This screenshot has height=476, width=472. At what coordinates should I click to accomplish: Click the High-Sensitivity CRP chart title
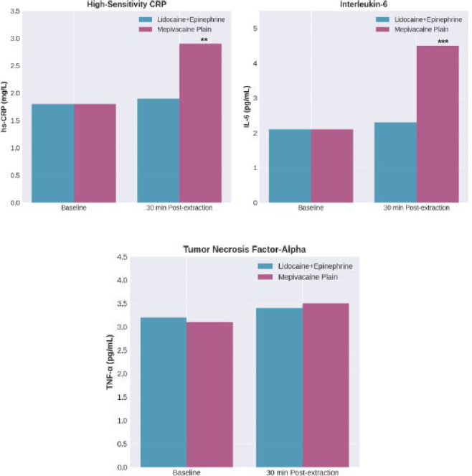click(126, 4)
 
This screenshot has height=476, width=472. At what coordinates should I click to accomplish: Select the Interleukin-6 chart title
click(364, 4)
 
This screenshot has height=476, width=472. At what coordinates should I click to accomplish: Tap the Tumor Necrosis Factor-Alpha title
click(245, 250)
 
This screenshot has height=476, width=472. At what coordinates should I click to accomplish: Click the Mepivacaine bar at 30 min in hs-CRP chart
click(201, 123)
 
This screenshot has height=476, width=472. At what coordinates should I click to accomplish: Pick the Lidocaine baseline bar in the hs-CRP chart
click(53, 153)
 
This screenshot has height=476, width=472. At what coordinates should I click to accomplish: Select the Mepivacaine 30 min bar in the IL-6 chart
click(438, 124)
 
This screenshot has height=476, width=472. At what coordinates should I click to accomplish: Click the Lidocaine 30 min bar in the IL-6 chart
click(395, 162)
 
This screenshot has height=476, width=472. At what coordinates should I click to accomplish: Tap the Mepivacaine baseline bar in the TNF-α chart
click(209, 395)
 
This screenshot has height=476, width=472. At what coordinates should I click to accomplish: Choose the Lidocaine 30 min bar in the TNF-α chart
click(279, 388)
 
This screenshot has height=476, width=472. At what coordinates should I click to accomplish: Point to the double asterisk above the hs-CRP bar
click(204, 39)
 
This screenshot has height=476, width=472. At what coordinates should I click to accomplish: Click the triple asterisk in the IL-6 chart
click(443, 42)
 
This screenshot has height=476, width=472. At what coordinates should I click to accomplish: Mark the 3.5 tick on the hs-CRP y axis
click(15, 11)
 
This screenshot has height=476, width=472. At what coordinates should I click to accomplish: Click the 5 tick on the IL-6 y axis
click(255, 29)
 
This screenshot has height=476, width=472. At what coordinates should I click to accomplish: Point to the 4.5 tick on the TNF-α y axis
click(122, 257)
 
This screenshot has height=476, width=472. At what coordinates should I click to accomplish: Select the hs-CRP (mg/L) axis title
click(4, 106)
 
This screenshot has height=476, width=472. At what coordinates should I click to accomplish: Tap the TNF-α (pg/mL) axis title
click(110, 362)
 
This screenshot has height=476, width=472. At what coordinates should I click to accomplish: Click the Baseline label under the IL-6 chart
click(311, 207)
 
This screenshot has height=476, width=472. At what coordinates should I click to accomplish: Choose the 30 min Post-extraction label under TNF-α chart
click(303, 472)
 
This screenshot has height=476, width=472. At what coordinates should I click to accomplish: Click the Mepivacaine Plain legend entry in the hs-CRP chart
click(175, 29)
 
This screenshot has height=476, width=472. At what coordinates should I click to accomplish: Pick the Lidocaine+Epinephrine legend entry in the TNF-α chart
click(305, 266)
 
